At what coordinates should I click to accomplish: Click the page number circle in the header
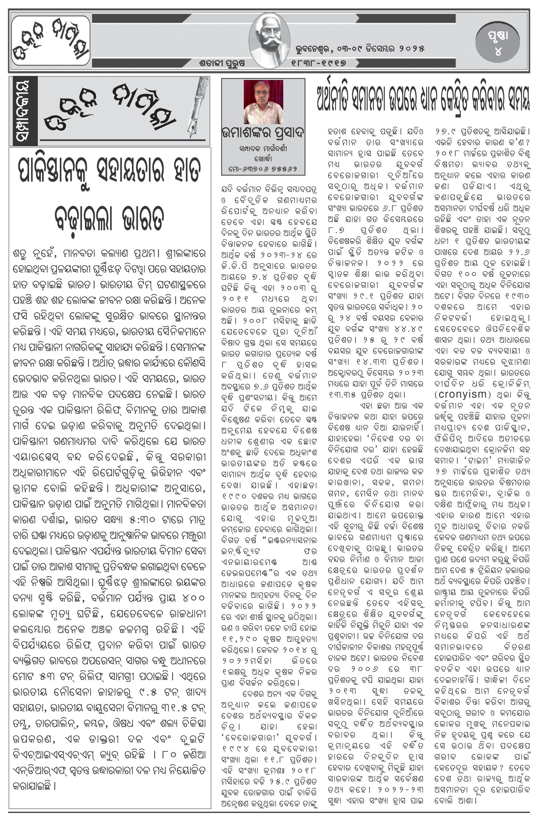click(498, 43)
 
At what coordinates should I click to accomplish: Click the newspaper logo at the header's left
click(50, 41)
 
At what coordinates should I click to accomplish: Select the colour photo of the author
click(263, 102)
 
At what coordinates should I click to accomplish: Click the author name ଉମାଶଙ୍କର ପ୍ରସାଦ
click(263, 133)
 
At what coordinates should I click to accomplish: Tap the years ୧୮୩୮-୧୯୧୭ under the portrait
click(319, 63)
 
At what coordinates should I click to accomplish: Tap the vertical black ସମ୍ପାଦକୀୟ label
click(23, 111)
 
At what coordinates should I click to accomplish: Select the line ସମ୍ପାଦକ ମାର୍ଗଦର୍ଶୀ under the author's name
click(263, 149)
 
